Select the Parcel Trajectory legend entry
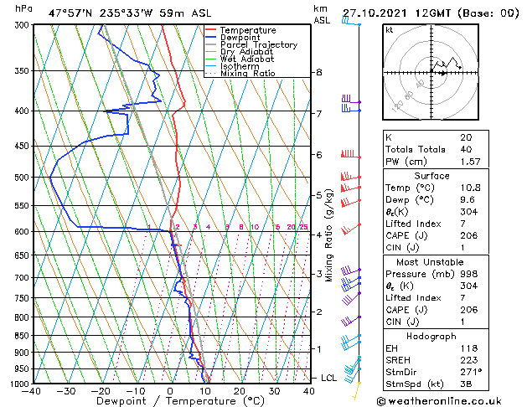[258, 45]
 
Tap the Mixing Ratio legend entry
[248, 74]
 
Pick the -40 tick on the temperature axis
[33, 391]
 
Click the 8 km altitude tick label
[318, 72]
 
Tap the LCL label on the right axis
[329, 379]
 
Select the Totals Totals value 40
[465, 149]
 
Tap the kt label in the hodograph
[389, 30]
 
